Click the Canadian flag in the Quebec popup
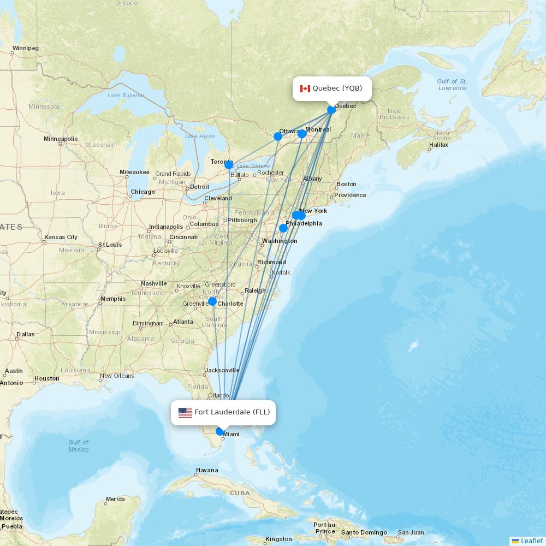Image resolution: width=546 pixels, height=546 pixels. click(305, 88)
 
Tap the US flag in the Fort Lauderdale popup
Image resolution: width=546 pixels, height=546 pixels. click(185, 412)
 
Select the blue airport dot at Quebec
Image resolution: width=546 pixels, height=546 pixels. click(331, 110)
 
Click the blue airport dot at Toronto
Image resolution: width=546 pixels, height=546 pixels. click(229, 165)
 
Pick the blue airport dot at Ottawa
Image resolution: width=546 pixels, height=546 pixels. click(278, 136)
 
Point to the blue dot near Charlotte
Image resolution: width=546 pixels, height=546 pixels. click(212, 301)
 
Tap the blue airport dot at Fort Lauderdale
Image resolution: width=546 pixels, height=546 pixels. click(220, 431)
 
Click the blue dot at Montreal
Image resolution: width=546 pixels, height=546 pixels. click(302, 134)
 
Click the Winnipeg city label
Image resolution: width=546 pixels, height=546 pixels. click(25, 48)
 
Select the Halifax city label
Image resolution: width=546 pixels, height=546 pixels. click(438, 145)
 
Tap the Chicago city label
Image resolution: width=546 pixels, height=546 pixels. click(143, 192)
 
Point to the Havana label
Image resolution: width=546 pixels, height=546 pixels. click(207, 470)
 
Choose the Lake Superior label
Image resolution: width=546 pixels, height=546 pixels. click(126, 96)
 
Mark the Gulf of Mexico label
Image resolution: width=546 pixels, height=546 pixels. click(79, 446)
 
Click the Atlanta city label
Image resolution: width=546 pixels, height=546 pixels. click(183, 322)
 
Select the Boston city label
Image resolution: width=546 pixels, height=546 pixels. click(346, 184)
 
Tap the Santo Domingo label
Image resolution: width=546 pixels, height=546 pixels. click(364, 532)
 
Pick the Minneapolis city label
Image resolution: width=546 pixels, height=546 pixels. click(61, 139)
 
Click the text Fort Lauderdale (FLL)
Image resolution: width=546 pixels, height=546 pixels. click(232, 412)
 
